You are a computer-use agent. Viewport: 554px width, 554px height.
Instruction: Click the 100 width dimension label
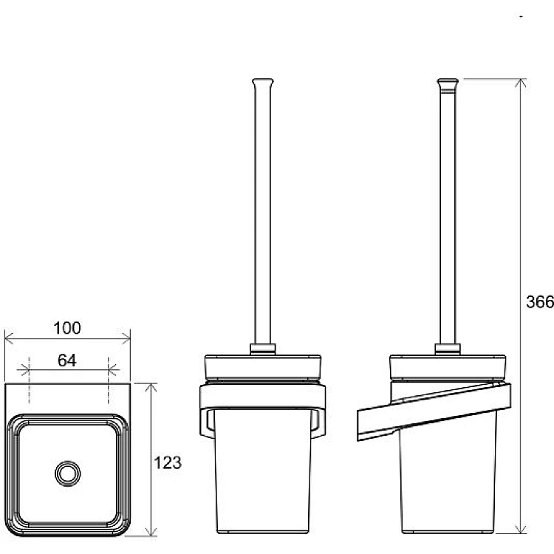(67, 328)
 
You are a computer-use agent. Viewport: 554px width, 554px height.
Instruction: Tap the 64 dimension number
(67, 360)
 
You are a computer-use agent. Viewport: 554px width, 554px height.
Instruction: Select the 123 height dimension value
(168, 462)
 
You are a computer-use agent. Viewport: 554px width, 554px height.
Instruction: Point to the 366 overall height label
(539, 302)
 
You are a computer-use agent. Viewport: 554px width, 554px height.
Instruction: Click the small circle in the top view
(68, 473)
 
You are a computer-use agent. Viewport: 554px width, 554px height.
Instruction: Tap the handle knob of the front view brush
(263, 83)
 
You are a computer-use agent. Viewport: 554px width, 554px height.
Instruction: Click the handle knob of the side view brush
(448, 83)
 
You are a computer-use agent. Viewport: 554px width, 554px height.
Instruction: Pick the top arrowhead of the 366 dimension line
(521, 83)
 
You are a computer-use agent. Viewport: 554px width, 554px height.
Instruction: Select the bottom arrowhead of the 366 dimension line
(521, 529)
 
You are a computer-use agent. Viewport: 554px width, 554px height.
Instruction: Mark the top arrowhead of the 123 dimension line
(151, 388)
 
